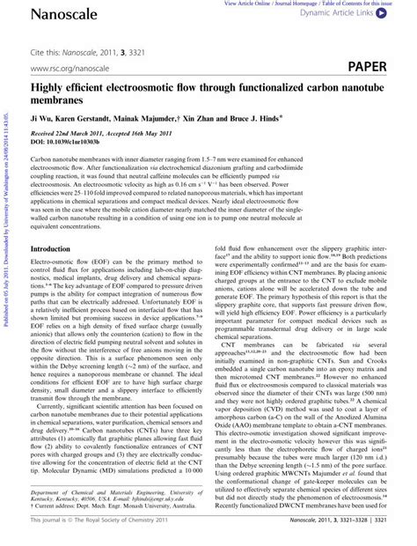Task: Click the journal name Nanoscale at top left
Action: [52, 13]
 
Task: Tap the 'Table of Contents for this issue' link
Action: [358, 4]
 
